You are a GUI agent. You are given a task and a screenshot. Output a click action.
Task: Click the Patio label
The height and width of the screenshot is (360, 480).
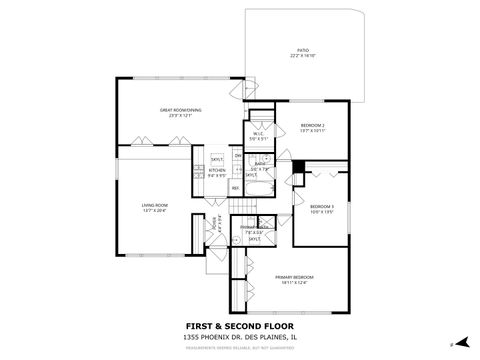[x=302, y=54]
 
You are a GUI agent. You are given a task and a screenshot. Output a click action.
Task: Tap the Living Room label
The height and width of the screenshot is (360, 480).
[x=154, y=208]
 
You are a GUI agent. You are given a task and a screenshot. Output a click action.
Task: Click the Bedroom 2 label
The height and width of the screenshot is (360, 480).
[x=313, y=127]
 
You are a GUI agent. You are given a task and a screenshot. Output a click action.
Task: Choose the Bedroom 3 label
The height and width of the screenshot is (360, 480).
[x=321, y=209]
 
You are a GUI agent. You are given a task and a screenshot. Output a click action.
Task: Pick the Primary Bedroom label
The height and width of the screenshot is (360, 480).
[x=297, y=279]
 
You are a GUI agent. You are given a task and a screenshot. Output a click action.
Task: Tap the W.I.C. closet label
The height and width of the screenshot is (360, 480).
[x=257, y=136]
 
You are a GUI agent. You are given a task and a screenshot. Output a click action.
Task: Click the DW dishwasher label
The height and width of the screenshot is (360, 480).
[x=238, y=157]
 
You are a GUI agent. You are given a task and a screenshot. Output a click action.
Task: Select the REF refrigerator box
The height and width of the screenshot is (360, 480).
[x=236, y=187]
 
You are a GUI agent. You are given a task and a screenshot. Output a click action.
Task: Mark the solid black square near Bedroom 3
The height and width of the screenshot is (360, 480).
[x=296, y=166]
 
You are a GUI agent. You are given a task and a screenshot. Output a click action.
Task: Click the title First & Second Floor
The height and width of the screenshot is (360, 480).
[x=239, y=326]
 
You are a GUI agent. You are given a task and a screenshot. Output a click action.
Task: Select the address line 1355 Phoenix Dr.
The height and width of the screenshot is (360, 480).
[x=239, y=337]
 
